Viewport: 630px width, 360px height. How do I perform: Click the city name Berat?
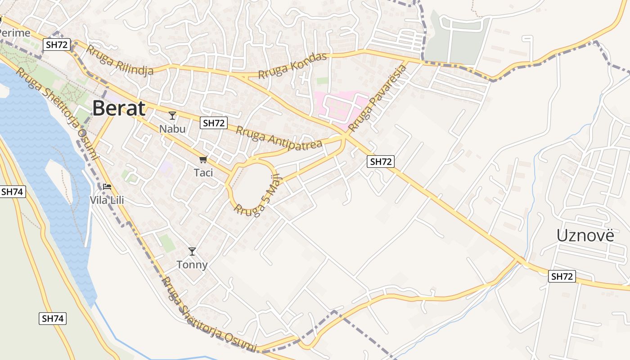(119, 109)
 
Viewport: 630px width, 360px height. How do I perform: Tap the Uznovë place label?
(585, 235)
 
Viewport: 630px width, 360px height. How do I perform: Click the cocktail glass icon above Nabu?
(172, 116)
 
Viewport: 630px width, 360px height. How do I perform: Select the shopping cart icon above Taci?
(203, 159)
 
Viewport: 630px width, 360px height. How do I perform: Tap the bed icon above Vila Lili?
(107, 186)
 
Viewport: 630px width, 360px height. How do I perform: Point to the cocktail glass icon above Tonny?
(192, 252)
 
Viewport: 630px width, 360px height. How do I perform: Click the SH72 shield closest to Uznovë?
(562, 276)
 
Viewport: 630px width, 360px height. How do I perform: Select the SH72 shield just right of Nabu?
(214, 123)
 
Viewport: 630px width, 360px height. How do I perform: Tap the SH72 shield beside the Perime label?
(56, 44)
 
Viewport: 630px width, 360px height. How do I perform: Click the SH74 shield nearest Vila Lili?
(13, 191)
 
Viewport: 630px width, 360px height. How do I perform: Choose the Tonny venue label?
(192, 265)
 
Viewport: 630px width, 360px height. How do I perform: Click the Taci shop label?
(203, 172)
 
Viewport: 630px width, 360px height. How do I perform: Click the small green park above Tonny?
(167, 243)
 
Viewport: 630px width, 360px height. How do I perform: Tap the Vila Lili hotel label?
(107, 200)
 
